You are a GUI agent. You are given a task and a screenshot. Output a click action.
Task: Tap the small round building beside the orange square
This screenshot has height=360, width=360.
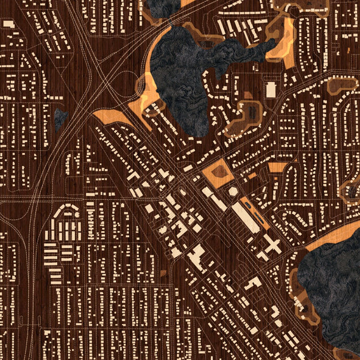coord(233,191)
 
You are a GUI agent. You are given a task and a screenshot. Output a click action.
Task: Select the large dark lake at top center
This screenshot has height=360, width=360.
coord(180,72)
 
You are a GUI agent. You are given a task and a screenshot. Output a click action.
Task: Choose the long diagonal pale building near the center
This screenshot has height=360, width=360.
coord(245,216)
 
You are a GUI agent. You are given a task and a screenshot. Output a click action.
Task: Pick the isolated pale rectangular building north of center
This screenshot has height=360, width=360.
coord(271,90)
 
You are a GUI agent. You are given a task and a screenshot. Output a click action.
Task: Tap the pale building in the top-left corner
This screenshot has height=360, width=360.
coord(8,24)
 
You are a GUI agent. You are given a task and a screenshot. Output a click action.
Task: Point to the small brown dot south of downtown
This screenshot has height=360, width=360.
coord(163,274)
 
